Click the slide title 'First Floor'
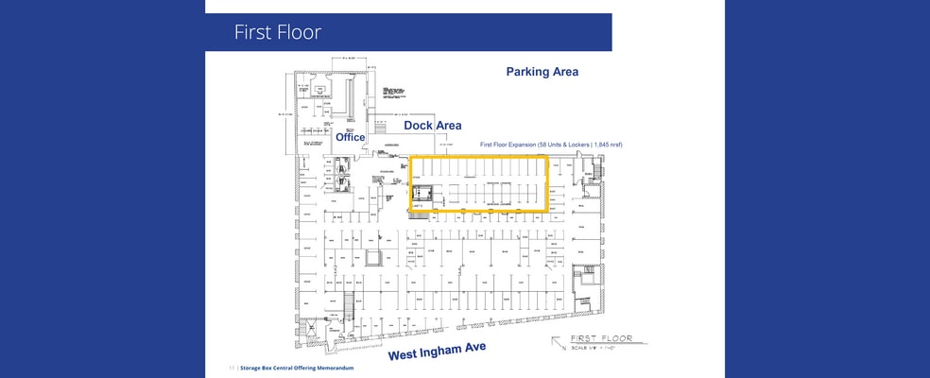[278, 32]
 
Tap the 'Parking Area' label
[542, 72]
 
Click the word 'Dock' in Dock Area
[419, 125]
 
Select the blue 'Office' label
[351, 138]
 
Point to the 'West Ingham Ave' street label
[437, 352]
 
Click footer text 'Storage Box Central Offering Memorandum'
[297, 367]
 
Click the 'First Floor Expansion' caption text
[509, 145]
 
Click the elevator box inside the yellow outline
[422, 194]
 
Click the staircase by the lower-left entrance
[347, 305]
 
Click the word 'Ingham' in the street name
[441, 352]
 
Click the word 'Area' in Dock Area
[448, 125]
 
